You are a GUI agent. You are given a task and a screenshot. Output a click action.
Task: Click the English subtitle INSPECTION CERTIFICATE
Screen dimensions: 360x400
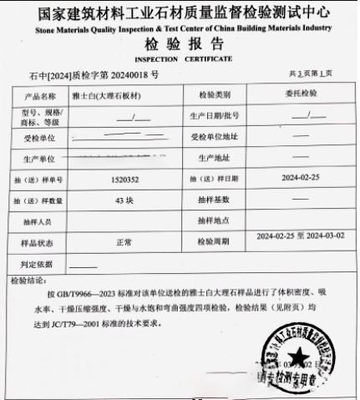[x=180, y=60]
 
